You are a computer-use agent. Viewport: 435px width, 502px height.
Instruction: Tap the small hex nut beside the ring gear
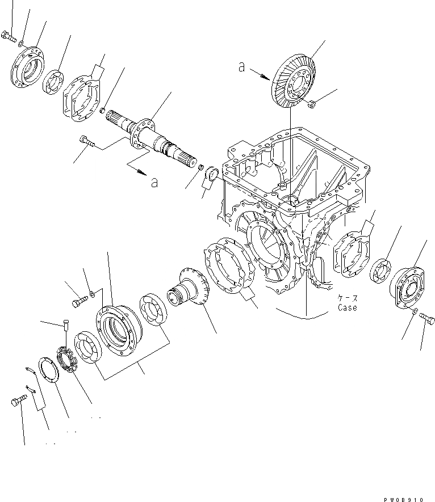pyautogui.click(x=312, y=103)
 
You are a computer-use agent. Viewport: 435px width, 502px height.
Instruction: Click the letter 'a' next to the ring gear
pyautogui.click(x=241, y=68)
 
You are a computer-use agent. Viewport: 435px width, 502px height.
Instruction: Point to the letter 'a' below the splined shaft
pyautogui.click(x=154, y=182)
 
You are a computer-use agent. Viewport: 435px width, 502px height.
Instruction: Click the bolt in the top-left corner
pyautogui.click(x=7, y=35)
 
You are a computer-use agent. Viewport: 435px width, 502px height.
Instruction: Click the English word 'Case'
pyautogui.click(x=347, y=308)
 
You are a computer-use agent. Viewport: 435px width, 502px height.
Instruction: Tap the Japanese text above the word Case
pyautogui.click(x=347, y=298)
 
